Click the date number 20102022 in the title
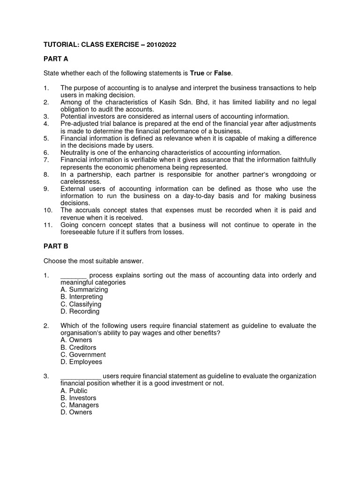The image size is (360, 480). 161,44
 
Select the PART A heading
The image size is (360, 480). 56,59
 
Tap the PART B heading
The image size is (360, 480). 56,246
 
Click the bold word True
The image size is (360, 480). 197,73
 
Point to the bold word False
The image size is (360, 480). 223,73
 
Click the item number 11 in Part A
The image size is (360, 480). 47,225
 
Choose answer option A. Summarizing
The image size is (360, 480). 84,290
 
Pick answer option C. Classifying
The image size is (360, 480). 81,304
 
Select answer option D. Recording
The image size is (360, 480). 80,311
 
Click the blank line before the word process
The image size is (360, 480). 74,276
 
